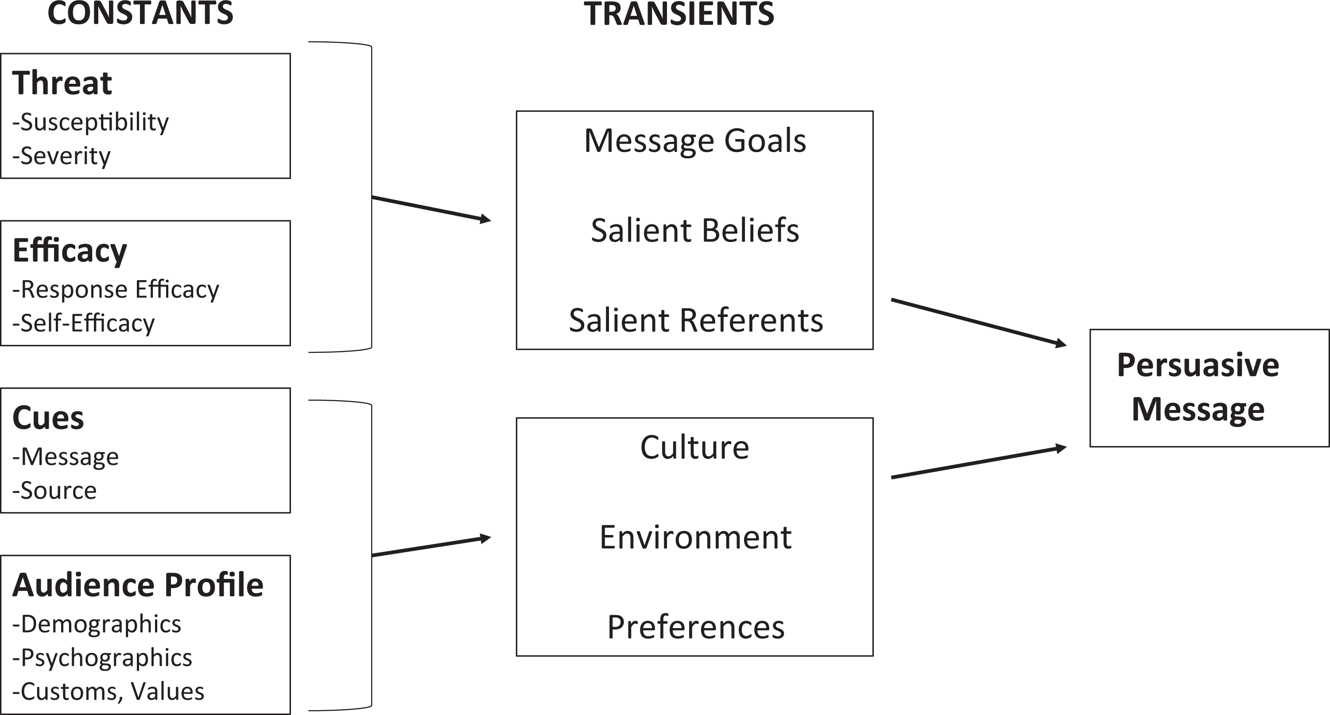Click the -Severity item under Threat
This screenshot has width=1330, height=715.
(x=62, y=156)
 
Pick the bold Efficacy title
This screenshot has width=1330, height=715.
(x=70, y=251)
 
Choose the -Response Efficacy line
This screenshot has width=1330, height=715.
(x=116, y=289)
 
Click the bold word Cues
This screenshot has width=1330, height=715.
(x=48, y=418)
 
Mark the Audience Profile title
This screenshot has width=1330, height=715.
(x=138, y=585)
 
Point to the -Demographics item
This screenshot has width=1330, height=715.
(x=97, y=625)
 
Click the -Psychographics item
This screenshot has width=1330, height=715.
(x=102, y=658)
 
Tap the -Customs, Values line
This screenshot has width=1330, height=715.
(x=109, y=691)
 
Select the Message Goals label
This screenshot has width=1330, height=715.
(x=695, y=141)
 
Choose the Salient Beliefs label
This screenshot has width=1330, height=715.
(x=695, y=230)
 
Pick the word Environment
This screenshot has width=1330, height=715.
(x=695, y=537)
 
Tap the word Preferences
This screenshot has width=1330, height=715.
(x=696, y=627)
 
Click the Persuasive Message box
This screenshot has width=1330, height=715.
(x=1209, y=388)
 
